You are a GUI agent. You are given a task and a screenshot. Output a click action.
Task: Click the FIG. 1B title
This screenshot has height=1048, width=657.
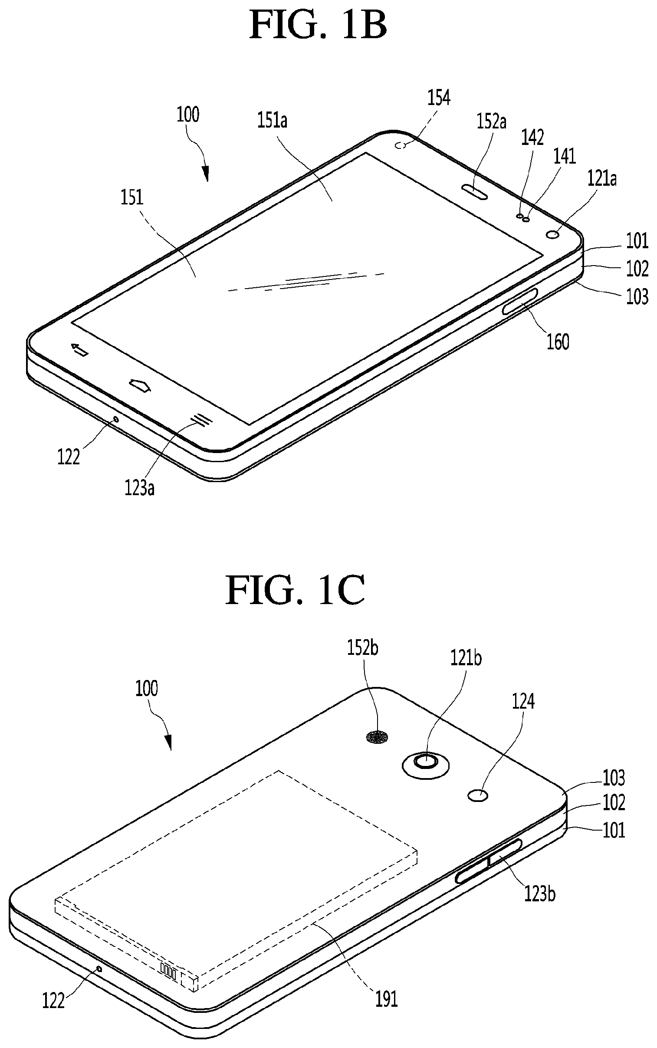(x=318, y=26)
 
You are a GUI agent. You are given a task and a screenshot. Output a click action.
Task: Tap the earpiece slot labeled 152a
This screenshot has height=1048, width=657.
(x=473, y=191)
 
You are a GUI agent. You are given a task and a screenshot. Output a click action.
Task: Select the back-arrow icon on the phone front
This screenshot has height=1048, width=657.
(x=80, y=349)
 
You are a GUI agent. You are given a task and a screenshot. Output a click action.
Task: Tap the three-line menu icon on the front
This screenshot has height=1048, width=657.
(x=201, y=419)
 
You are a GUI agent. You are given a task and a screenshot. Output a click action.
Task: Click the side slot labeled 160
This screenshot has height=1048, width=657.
(x=520, y=301)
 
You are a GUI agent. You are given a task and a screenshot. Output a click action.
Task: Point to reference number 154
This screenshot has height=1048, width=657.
(x=438, y=98)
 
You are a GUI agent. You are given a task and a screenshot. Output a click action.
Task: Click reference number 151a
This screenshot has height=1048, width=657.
(x=272, y=120)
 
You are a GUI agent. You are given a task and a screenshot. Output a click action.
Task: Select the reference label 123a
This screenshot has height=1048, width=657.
(x=139, y=488)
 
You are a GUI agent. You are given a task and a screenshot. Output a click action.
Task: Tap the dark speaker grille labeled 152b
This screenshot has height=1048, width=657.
(x=378, y=737)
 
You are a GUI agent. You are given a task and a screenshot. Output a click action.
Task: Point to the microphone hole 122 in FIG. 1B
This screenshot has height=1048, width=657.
(x=115, y=419)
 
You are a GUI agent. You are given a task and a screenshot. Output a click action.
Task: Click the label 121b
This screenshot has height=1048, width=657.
(x=466, y=658)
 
